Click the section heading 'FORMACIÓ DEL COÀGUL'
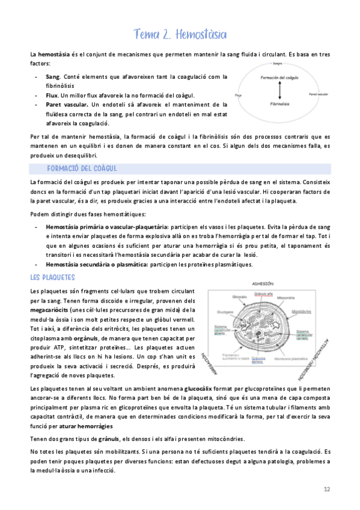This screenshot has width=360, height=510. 82,168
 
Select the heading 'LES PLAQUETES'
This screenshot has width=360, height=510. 52,277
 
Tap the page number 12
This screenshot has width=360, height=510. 327,490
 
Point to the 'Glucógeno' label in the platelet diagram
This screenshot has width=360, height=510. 225,312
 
